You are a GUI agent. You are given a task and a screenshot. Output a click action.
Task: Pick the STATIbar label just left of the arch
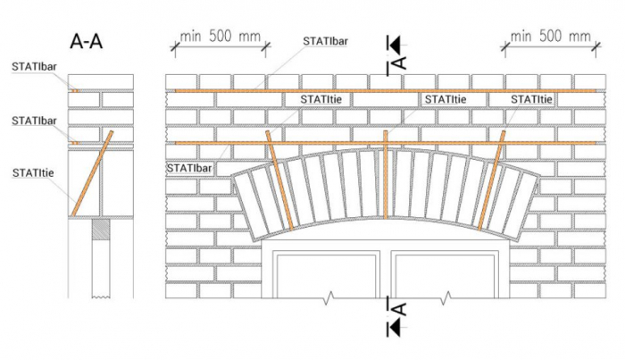188,167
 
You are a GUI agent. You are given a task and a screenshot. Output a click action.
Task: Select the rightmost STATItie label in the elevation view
531,100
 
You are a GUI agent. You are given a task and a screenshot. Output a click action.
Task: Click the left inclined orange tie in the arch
279,181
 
